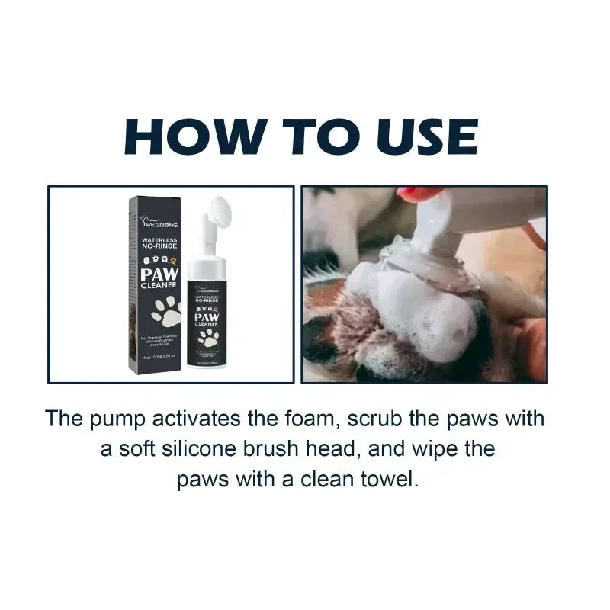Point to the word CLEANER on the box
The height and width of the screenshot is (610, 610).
coord(160,284)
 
